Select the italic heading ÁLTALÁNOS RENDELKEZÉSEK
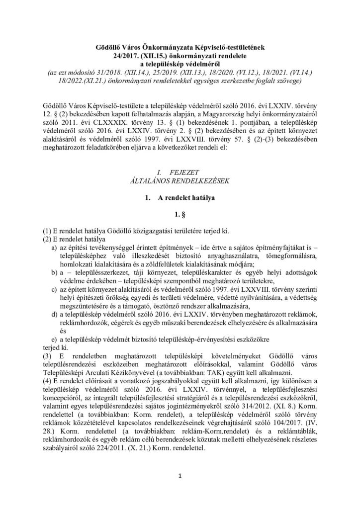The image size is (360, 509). [x=180, y=181]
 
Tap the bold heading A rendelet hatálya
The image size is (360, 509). [x=184, y=199]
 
